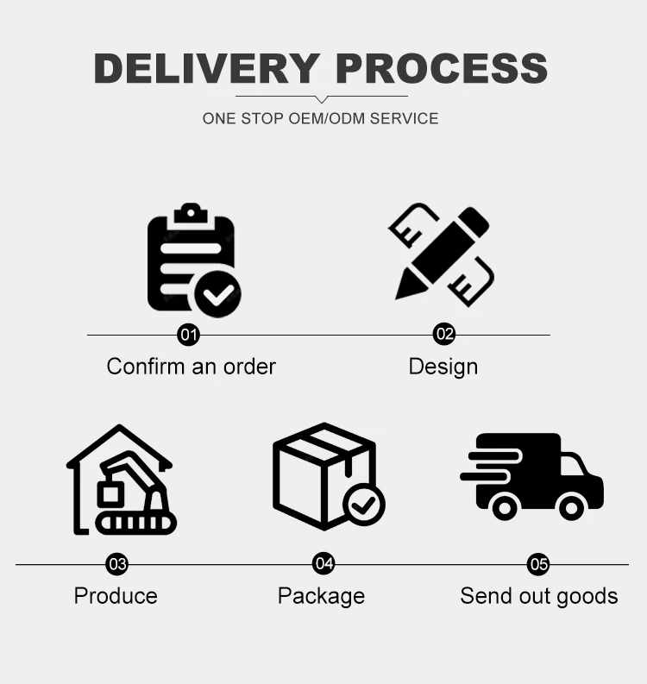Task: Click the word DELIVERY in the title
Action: (x=206, y=68)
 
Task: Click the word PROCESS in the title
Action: (x=441, y=68)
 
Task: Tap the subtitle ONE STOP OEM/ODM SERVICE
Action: (x=321, y=118)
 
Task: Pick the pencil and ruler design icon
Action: (x=442, y=254)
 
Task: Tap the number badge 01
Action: (x=188, y=335)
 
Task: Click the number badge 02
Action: (x=443, y=335)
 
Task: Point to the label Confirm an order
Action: (x=192, y=366)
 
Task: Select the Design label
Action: (x=443, y=367)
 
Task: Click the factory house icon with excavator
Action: (x=121, y=480)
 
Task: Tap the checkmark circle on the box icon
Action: (x=363, y=504)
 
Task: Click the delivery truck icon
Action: (x=532, y=475)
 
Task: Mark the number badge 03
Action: (x=116, y=564)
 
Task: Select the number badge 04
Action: (x=323, y=564)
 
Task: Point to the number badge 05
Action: (x=538, y=564)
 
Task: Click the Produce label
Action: (x=116, y=596)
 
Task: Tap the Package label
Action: (x=321, y=596)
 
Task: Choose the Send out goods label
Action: (x=538, y=596)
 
